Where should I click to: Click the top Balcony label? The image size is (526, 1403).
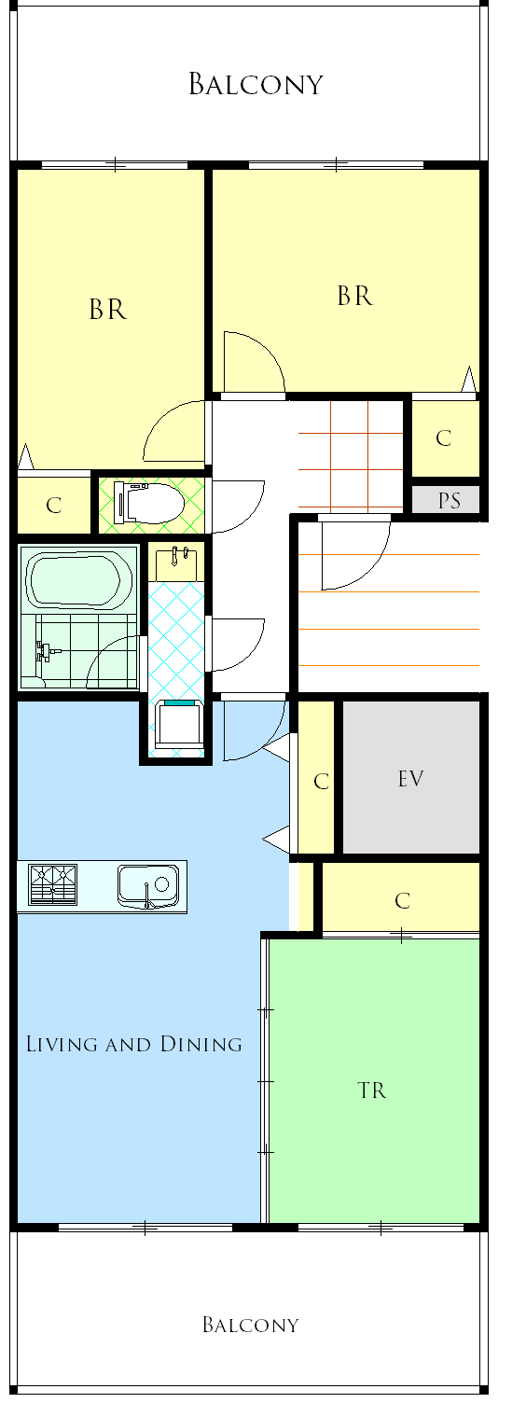pyautogui.click(x=256, y=84)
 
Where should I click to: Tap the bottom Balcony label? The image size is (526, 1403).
pyautogui.click(x=251, y=1325)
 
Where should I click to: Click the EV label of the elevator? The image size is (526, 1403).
pyautogui.click(x=410, y=779)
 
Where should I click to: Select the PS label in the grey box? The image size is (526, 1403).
pyautogui.click(x=450, y=500)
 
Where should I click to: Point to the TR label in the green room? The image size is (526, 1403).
pyautogui.click(x=372, y=1090)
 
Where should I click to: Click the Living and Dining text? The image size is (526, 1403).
pyautogui.click(x=134, y=1044)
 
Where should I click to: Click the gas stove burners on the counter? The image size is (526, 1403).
pyautogui.click(x=53, y=884)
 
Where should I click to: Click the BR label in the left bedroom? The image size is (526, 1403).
pyautogui.click(x=107, y=310)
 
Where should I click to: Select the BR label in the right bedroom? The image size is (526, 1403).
pyautogui.click(x=354, y=296)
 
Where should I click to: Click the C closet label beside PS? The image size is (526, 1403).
pyautogui.click(x=443, y=438)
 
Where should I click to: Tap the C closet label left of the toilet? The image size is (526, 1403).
pyautogui.click(x=54, y=505)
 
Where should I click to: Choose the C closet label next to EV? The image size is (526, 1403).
pyautogui.click(x=321, y=781)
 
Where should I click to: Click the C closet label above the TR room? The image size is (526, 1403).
pyautogui.click(x=403, y=901)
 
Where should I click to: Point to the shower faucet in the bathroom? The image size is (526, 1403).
pyautogui.click(x=46, y=651)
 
